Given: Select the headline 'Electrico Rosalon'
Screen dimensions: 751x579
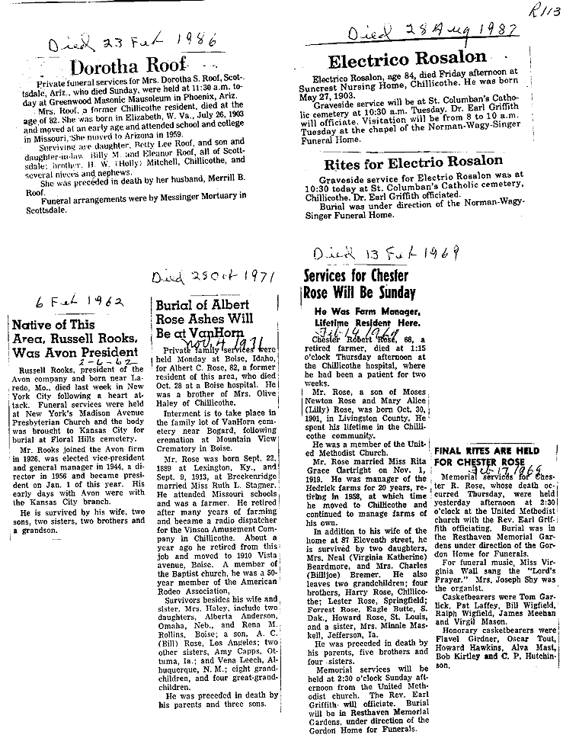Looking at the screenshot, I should (407, 59).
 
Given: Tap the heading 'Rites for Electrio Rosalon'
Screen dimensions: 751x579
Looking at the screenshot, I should (413, 162).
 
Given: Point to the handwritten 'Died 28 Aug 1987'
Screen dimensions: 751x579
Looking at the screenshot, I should (433, 32).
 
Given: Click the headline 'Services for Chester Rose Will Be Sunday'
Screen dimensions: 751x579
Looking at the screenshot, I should (358, 284).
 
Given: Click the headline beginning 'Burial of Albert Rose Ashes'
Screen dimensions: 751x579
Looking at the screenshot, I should (202, 319).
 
